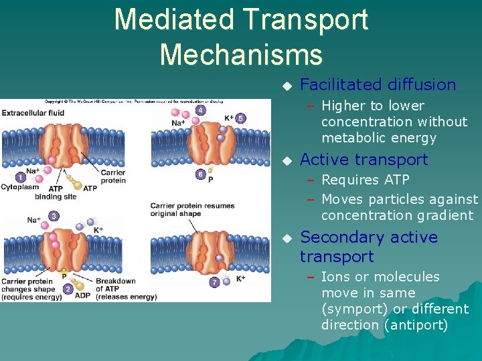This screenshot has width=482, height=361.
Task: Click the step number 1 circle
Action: [x=21, y=178]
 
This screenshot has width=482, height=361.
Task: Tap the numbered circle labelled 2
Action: [x=68, y=289]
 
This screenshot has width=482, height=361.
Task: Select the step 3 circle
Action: [x=54, y=216]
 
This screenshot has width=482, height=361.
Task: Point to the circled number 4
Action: [x=200, y=110]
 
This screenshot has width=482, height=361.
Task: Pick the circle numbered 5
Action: [x=240, y=118]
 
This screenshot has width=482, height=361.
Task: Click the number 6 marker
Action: [x=200, y=174]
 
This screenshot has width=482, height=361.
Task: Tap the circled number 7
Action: [x=214, y=282]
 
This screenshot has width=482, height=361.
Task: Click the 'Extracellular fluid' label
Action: [x=33, y=113]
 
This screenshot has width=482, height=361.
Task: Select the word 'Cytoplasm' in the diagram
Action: [x=19, y=188]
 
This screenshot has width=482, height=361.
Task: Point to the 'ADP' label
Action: [x=83, y=295]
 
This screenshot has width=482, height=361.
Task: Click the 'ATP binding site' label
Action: [x=56, y=193]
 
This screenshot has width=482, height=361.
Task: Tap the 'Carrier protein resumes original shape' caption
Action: [x=192, y=209]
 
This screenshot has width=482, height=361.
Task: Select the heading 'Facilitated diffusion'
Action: [x=378, y=85]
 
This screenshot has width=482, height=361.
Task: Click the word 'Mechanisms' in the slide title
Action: [x=241, y=53]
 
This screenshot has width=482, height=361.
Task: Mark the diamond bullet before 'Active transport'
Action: [x=287, y=160]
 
